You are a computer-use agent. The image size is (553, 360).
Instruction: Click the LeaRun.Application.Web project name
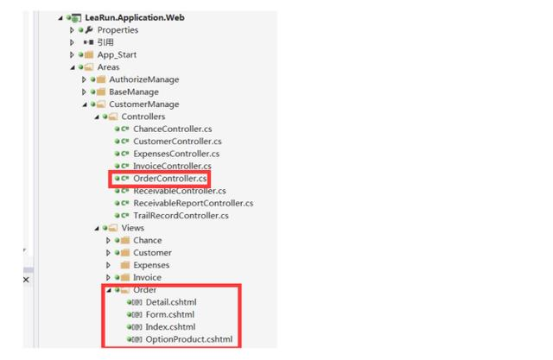(x=135, y=17)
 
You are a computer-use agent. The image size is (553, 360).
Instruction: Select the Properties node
(x=118, y=30)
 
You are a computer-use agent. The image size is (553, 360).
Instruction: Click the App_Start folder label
(x=117, y=55)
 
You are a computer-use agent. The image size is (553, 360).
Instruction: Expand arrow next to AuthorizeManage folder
(x=84, y=79)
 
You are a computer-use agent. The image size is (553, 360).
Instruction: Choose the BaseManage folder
(x=134, y=92)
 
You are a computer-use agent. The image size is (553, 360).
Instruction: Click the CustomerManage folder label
(x=144, y=104)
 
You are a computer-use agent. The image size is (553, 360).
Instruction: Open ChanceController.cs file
(x=173, y=129)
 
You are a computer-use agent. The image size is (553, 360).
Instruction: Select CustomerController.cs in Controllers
(x=177, y=142)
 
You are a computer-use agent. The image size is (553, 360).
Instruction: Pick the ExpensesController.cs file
(x=176, y=154)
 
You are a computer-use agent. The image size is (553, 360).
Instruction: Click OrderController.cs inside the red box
(x=170, y=179)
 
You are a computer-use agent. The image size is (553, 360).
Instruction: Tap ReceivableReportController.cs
(x=194, y=203)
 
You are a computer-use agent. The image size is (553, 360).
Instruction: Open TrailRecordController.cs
(x=181, y=216)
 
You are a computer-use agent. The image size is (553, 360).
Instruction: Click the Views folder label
(x=132, y=228)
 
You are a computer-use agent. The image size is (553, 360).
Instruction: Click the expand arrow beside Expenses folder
(x=108, y=265)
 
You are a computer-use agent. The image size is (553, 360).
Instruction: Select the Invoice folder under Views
(x=147, y=278)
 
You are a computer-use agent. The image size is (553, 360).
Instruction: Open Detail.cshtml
(x=171, y=302)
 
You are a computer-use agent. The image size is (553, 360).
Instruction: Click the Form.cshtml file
(x=170, y=314)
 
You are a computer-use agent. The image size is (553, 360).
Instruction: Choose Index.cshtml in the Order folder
(x=170, y=327)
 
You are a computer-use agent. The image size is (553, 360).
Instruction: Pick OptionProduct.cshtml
(x=189, y=339)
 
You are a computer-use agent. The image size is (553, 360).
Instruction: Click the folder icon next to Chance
(x=125, y=241)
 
